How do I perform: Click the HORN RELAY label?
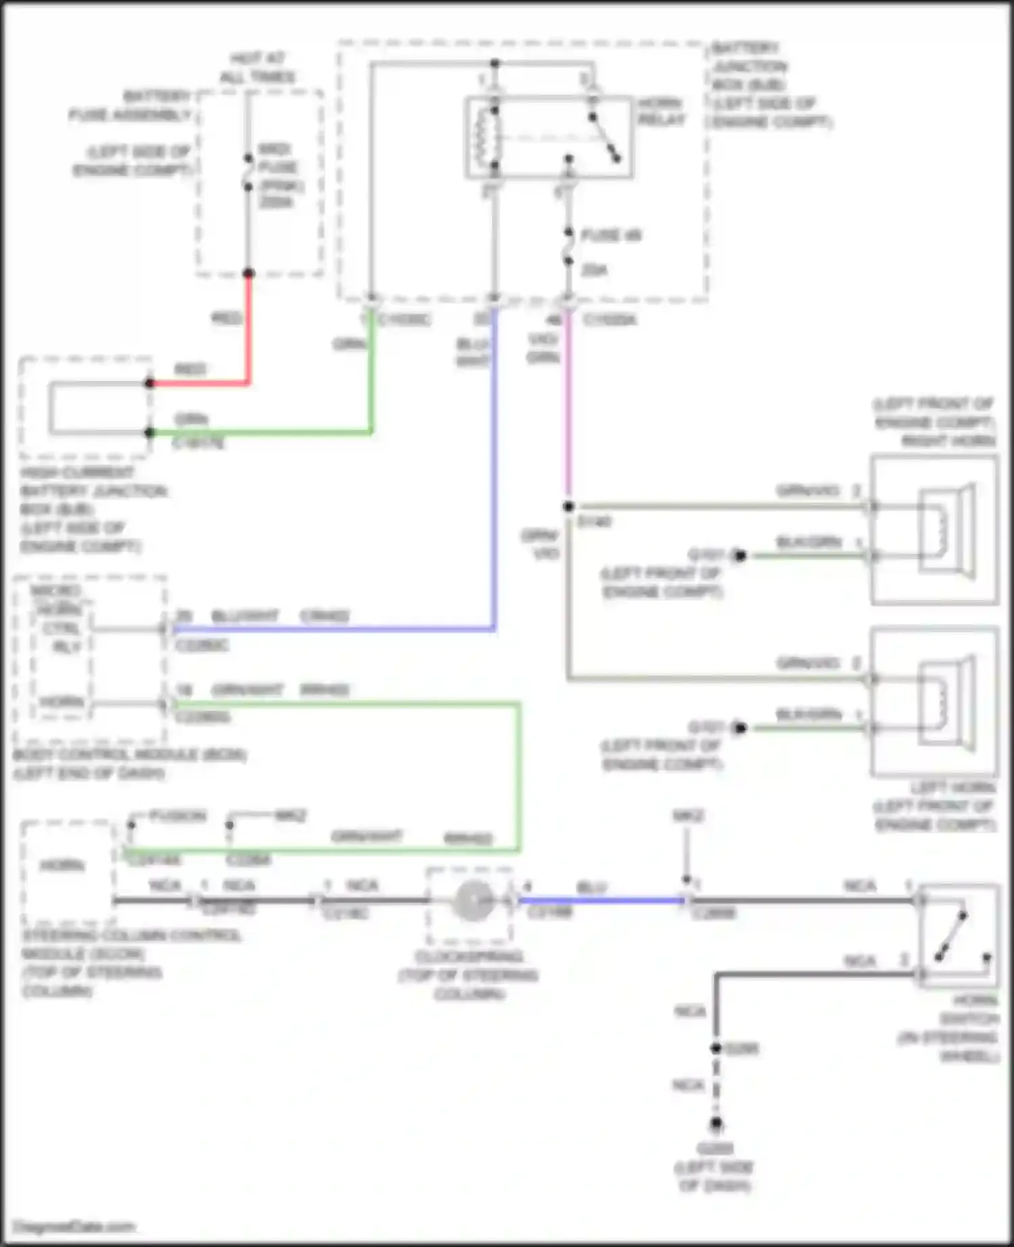(661, 111)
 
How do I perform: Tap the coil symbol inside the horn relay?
(485, 136)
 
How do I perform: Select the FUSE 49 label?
(611, 236)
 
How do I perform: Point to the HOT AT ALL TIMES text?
(258, 68)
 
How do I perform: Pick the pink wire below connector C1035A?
(568, 405)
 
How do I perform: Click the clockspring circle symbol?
(473, 900)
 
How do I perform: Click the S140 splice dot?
(569, 507)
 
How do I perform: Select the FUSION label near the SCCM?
(177, 816)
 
